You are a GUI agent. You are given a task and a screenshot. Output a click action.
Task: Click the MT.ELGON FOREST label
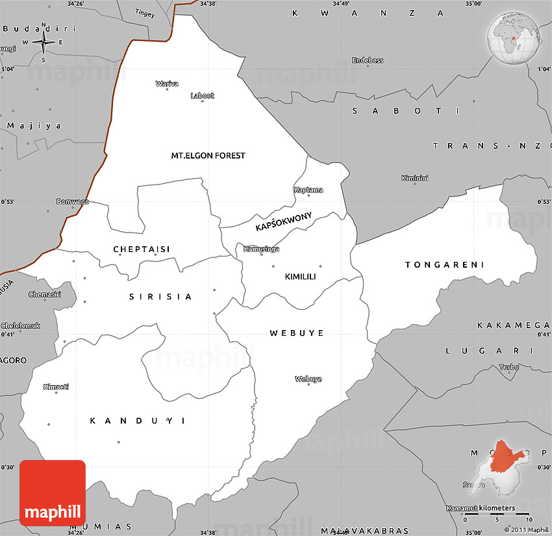[x=208, y=156]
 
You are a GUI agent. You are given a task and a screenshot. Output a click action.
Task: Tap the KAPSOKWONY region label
[x=284, y=222]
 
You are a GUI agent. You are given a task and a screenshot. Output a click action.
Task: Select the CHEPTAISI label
[x=141, y=249]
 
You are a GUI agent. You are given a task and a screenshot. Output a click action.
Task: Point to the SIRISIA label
[x=160, y=297]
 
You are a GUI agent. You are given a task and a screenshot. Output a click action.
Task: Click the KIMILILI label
[x=300, y=277]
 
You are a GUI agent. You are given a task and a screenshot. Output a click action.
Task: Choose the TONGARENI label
[x=445, y=265]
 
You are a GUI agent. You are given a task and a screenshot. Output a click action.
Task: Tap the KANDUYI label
[x=138, y=421]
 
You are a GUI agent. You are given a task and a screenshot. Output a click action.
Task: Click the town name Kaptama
[x=308, y=190]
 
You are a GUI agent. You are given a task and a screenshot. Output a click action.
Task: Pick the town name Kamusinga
[x=261, y=249]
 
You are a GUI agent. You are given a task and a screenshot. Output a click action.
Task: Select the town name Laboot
[x=202, y=96]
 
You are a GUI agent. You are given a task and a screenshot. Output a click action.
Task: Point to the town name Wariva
[x=167, y=83]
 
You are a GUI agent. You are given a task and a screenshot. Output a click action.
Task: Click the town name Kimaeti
[x=56, y=387]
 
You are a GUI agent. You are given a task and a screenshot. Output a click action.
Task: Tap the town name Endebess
[x=368, y=60]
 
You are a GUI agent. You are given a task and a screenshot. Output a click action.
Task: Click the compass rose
[x=44, y=43]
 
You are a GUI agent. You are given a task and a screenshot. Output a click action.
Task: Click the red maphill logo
[x=53, y=493]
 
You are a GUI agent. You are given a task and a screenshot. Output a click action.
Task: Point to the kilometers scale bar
[x=498, y=515]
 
